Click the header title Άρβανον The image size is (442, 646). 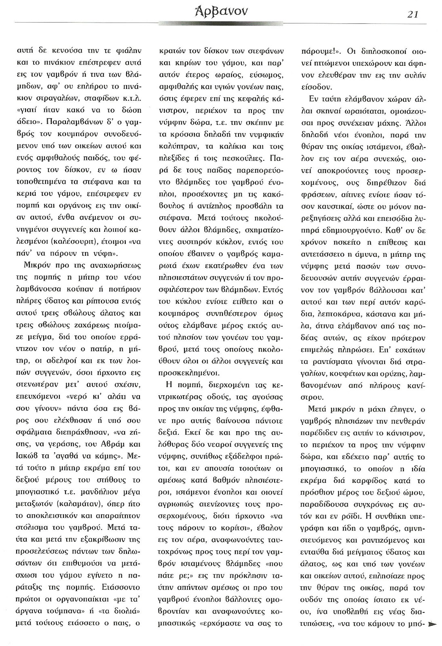[221, 13]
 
